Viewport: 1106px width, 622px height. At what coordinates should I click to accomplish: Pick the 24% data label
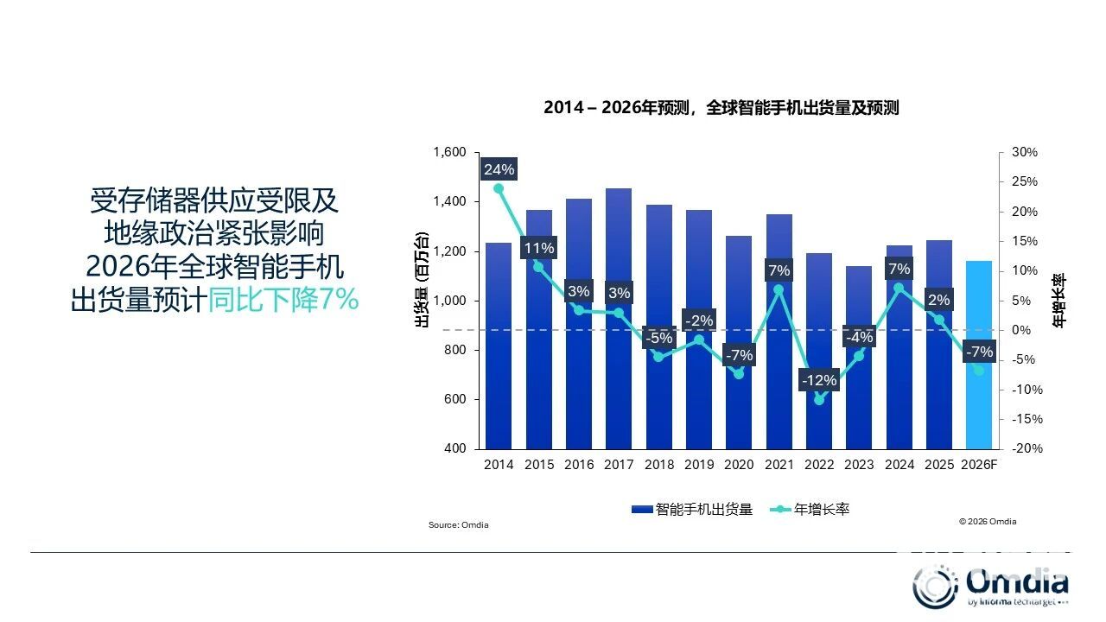[x=499, y=169]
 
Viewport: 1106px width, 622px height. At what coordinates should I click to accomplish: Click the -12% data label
[x=819, y=380]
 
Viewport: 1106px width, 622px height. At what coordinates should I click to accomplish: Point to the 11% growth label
[x=539, y=249]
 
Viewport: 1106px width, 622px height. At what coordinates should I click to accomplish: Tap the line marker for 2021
[x=779, y=289]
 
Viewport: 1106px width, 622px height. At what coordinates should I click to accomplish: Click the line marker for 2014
[x=499, y=188]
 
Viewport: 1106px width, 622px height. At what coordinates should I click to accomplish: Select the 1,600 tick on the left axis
[x=448, y=153]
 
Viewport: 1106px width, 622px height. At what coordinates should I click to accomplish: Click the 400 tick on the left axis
[x=454, y=449]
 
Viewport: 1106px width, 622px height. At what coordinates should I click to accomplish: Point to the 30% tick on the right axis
[x=1025, y=153]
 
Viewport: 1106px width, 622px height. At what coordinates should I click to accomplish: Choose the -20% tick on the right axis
[x=1024, y=449]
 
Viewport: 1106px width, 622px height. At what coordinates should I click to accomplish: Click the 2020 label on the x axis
[x=739, y=465]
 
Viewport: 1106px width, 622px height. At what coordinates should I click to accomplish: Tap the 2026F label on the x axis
[x=980, y=465]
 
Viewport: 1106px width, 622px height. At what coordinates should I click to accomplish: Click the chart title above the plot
[x=721, y=108]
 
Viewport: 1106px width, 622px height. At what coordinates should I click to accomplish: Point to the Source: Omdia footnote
[x=459, y=525]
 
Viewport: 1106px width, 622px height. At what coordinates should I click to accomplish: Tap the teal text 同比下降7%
[x=283, y=300]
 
